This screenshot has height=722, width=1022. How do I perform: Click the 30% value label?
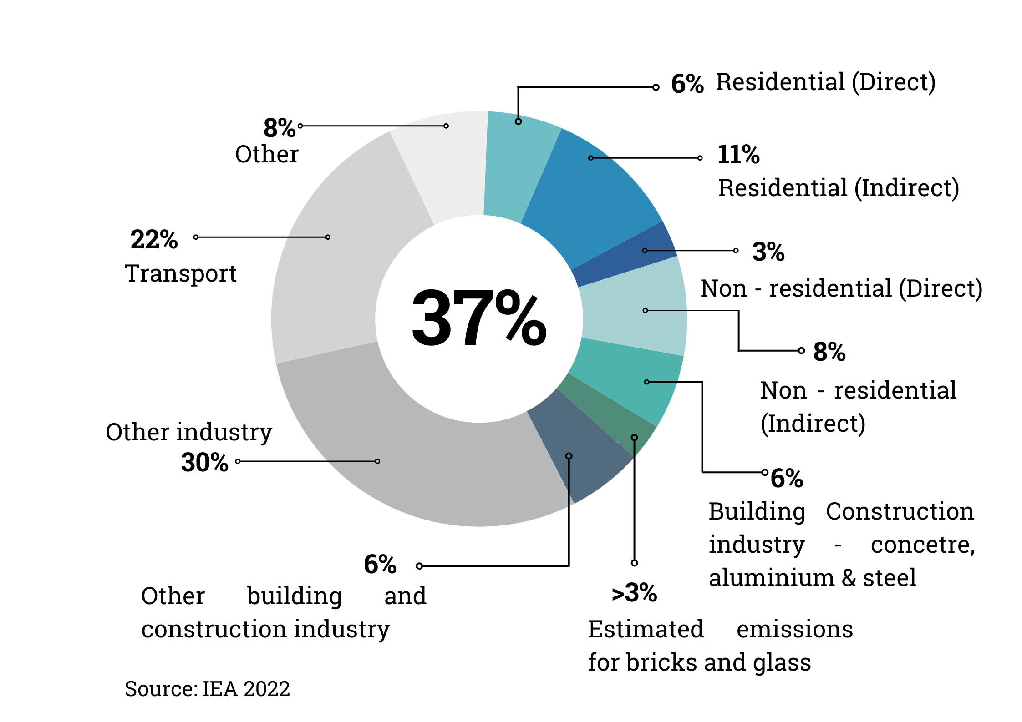204,463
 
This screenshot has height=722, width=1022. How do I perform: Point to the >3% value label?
634,593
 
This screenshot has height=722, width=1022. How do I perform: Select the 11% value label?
738,155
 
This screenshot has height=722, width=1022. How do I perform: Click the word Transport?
181,274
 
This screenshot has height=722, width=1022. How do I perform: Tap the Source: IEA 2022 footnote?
207,689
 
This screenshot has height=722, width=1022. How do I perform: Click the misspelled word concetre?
922,545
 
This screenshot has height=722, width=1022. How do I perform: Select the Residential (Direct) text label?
825,83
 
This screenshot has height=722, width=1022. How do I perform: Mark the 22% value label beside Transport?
154,240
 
